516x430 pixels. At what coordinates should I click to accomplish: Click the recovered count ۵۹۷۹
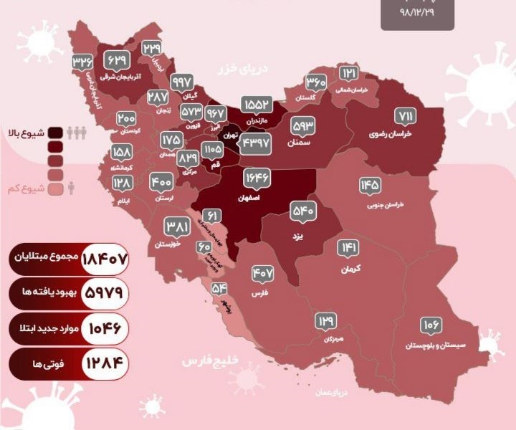pos(105,292)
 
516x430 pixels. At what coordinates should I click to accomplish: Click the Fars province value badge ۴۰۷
pos(263,273)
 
